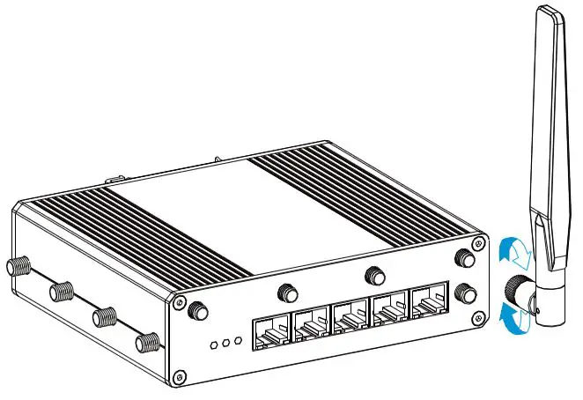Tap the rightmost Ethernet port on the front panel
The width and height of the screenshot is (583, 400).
(429, 306)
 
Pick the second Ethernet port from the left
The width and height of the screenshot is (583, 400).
(310, 326)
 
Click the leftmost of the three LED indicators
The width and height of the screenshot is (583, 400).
(213, 345)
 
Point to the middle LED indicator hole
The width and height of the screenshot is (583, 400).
(225, 343)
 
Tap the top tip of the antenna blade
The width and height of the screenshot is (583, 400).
(551, 11)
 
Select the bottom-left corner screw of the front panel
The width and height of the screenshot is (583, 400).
(180, 378)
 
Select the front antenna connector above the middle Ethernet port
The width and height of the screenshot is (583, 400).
(375, 276)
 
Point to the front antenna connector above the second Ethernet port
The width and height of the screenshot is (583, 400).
(286, 292)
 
